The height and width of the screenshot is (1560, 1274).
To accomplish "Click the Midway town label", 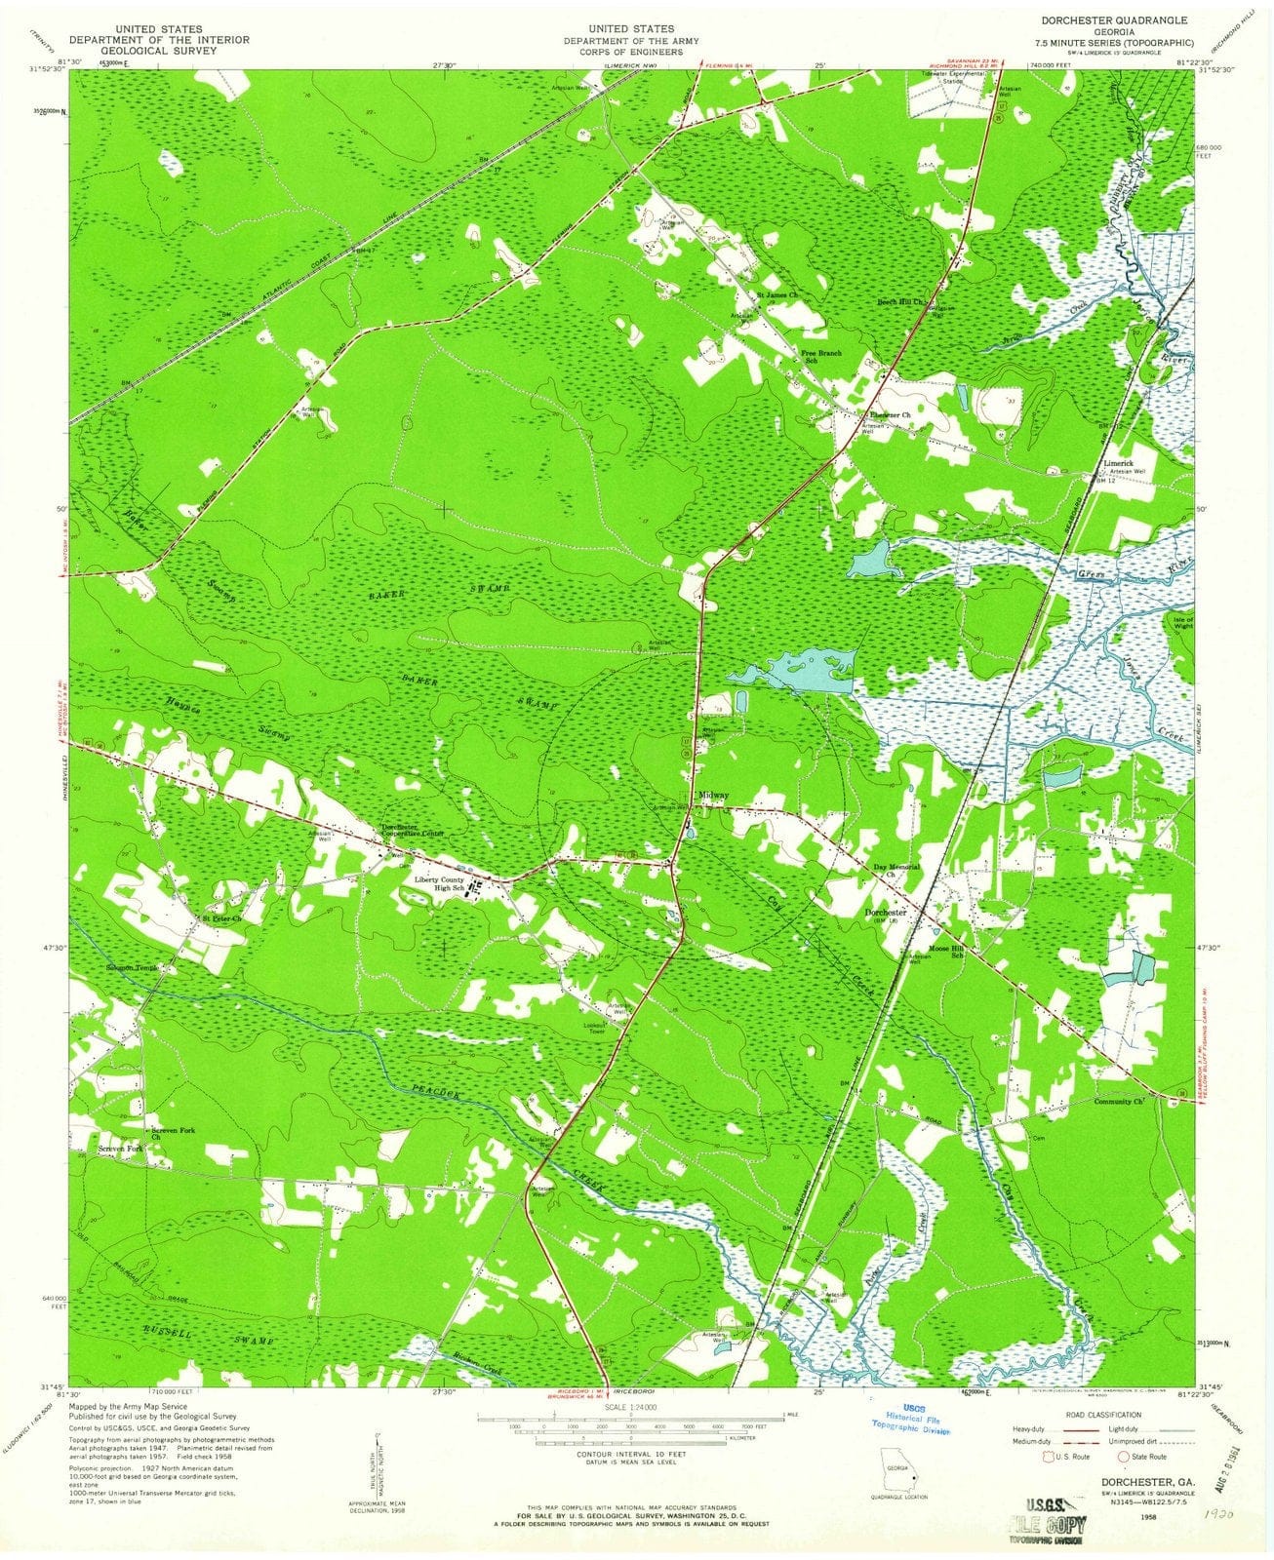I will tap(715, 797).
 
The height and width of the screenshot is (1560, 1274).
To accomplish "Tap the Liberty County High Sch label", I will tap(440, 884).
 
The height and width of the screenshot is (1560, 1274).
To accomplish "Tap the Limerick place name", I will tap(1118, 462).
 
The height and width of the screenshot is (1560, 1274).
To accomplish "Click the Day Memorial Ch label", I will tap(896, 871).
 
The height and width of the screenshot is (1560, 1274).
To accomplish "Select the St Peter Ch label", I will tap(220, 918).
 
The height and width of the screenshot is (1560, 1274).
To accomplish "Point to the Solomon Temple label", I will tap(132, 968).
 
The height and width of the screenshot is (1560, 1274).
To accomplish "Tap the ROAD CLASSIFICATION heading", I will tap(1099, 1414).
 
